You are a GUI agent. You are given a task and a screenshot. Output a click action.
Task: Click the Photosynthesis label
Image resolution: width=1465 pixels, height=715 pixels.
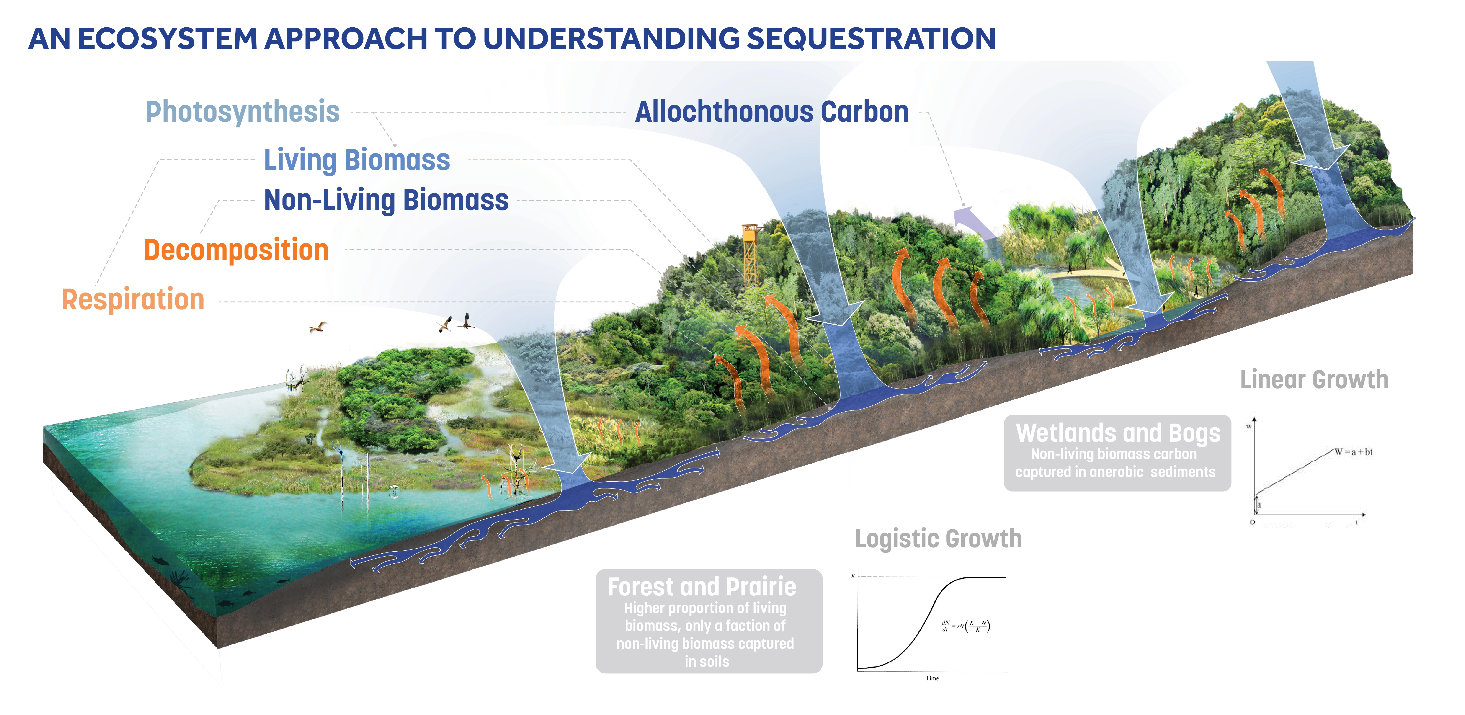coord(242,111)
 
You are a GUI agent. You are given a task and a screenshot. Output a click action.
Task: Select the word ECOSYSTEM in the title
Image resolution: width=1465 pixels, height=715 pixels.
coord(168,39)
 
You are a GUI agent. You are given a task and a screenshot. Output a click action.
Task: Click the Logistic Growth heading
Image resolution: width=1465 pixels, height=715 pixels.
coord(938,539)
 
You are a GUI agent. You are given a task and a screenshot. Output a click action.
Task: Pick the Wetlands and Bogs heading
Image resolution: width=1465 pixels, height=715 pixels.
coord(1118,433)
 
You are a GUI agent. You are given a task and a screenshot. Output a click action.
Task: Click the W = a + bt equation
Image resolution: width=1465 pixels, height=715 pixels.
coord(1354,452)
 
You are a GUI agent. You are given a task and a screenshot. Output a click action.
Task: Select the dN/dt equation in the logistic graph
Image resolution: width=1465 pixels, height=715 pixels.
coord(965,626)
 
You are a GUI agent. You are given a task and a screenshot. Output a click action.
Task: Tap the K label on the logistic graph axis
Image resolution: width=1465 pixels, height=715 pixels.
coord(853,576)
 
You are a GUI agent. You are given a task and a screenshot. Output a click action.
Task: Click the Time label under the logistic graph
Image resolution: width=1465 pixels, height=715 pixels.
coord(932,678)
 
